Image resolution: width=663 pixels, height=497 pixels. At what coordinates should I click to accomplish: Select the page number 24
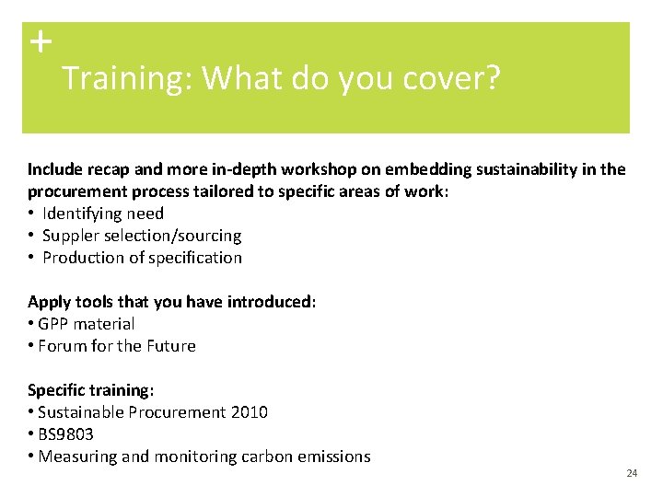(x=631, y=473)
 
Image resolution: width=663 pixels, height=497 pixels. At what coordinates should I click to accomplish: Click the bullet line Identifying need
(x=102, y=214)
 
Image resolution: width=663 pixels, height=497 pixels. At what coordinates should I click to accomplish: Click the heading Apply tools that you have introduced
(x=172, y=302)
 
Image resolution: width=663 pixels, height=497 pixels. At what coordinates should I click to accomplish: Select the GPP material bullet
(x=86, y=324)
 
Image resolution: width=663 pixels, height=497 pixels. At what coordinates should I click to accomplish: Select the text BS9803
(x=65, y=434)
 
